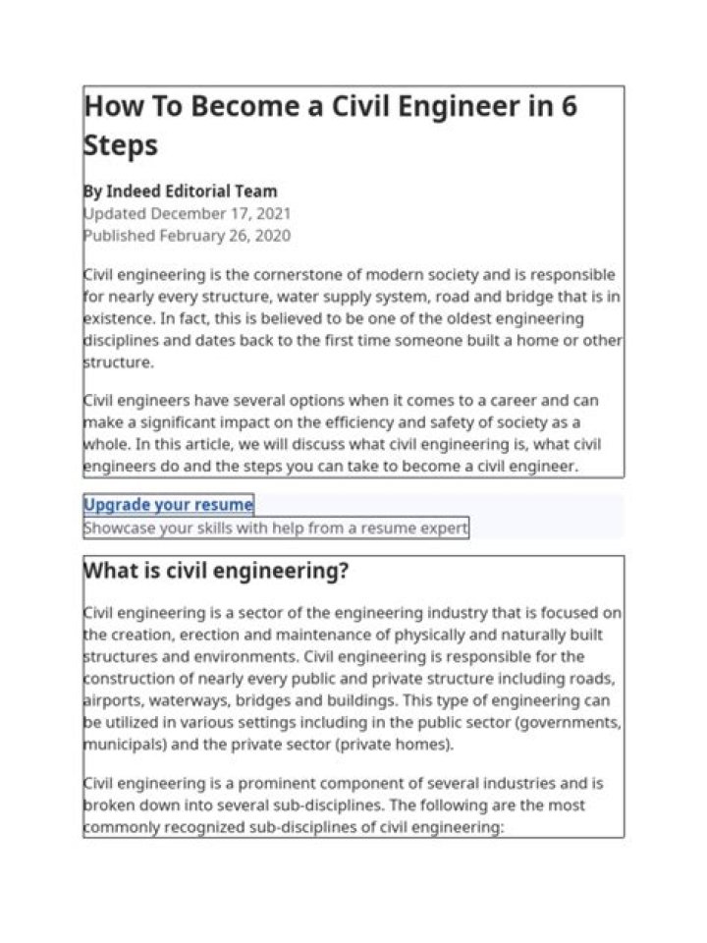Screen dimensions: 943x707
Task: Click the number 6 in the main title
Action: [x=568, y=106]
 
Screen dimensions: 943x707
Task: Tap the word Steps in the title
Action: [x=120, y=144]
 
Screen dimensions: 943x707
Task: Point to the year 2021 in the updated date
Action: [x=271, y=213]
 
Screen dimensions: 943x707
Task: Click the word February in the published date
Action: [x=194, y=236]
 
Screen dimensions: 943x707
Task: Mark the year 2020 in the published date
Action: [x=270, y=236]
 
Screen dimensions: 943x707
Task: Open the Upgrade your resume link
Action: [x=168, y=505]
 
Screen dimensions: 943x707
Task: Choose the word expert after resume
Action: [x=443, y=528]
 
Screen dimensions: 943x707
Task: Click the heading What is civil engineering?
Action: [x=216, y=571]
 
